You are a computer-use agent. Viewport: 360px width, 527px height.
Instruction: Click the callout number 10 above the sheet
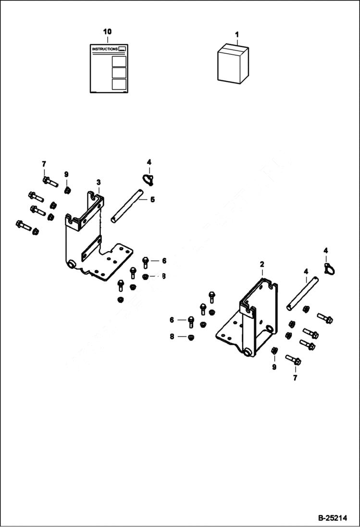[x=107, y=31]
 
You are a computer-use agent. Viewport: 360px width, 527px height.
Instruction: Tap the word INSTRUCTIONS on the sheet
[x=105, y=49]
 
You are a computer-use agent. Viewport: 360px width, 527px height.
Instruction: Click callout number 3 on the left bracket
[x=98, y=182]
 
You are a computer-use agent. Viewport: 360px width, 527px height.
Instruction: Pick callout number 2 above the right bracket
[x=262, y=264]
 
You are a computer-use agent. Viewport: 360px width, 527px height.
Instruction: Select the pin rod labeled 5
[x=127, y=207]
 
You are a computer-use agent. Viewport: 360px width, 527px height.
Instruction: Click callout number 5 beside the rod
[x=152, y=199]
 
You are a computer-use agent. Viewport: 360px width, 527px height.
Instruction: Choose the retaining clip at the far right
[x=329, y=268]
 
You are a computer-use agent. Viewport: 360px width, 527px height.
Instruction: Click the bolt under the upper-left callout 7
[x=50, y=182]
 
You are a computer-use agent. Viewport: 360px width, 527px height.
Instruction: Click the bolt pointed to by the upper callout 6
[x=146, y=262]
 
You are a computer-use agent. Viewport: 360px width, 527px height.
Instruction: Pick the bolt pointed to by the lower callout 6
[x=191, y=320]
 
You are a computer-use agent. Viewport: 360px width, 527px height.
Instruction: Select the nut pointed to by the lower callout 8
[x=190, y=337]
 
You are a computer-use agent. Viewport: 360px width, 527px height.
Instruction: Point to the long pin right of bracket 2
[x=302, y=292]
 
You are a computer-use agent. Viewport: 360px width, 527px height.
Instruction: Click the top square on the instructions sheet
[x=119, y=61]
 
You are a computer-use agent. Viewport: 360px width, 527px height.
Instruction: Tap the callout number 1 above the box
[x=236, y=35]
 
